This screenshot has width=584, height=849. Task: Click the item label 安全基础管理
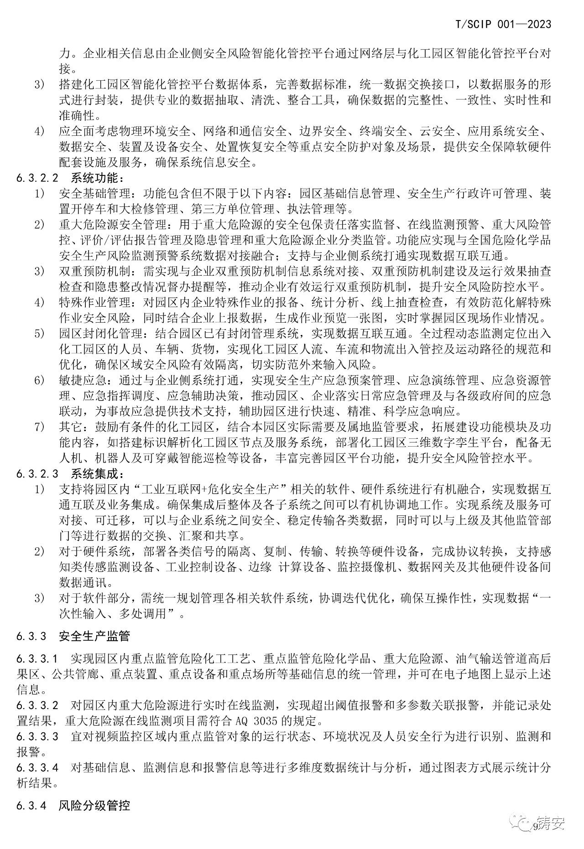coord(94,193)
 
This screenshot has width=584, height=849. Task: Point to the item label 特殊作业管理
coord(94,303)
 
